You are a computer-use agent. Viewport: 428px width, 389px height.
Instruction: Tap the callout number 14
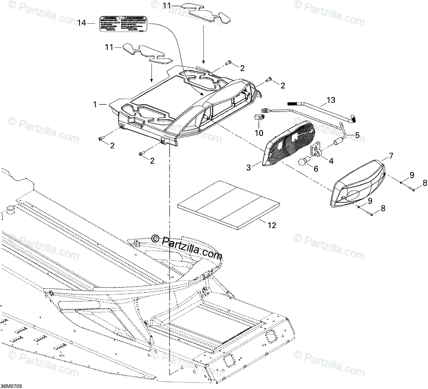point(82,23)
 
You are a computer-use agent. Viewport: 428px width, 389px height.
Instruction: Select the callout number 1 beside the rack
point(95,104)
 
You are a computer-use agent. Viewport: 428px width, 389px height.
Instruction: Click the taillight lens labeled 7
point(358,184)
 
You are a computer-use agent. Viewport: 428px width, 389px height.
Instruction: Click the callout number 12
point(272,226)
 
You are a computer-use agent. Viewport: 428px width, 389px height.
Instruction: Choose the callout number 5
point(357,135)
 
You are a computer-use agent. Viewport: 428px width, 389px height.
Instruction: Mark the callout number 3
point(249,168)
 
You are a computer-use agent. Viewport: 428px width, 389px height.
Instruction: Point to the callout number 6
point(316,169)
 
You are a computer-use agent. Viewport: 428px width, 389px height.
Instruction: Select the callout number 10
point(259,132)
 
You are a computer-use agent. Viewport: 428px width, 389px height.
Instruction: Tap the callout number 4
point(331,160)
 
